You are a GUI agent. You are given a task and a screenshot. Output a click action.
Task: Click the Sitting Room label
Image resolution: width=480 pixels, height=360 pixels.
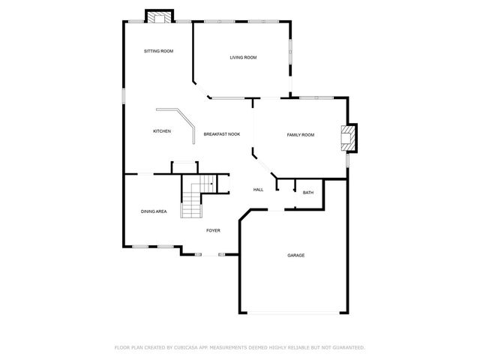click(x=159, y=51)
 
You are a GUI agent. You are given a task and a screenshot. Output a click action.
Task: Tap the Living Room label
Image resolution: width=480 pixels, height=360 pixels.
click(x=243, y=57)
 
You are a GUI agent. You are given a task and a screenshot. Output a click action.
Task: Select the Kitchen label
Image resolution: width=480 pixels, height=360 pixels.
click(x=162, y=131)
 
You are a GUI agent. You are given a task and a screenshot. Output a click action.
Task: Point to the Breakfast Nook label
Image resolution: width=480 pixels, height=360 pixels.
click(x=222, y=133)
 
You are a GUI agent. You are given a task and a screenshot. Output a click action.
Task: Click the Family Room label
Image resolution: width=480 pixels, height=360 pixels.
click(x=300, y=134)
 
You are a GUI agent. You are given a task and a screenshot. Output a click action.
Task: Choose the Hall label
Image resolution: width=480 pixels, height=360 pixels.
click(x=258, y=190)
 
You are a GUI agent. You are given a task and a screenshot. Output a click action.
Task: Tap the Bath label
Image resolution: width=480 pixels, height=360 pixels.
click(x=308, y=193)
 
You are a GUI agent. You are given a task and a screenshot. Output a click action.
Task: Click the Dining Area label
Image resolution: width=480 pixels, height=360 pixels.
click(x=154, y=211)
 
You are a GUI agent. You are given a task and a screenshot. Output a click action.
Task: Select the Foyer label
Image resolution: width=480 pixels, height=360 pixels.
click(x=213, y=230)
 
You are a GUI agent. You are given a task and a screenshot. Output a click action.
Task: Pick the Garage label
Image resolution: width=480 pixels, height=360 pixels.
click(x=295, y=255)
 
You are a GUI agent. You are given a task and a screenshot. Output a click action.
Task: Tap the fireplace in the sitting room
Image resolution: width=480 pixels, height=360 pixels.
click(x=158, y=16)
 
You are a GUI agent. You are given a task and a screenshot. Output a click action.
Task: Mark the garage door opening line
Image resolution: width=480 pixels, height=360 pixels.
click(x=293, y=313)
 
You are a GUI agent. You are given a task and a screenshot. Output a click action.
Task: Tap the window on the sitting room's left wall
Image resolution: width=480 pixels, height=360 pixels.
click(x=124, y=97)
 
